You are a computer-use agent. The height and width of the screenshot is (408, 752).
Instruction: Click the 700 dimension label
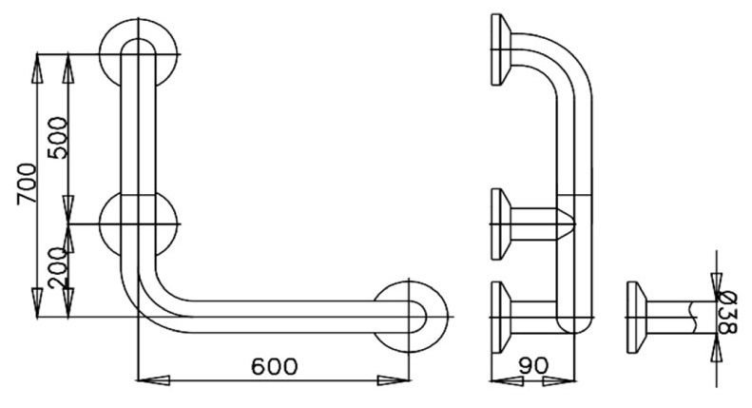[x=26, y=184]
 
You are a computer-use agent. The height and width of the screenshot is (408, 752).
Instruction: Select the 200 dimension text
[x=59, y=269]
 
